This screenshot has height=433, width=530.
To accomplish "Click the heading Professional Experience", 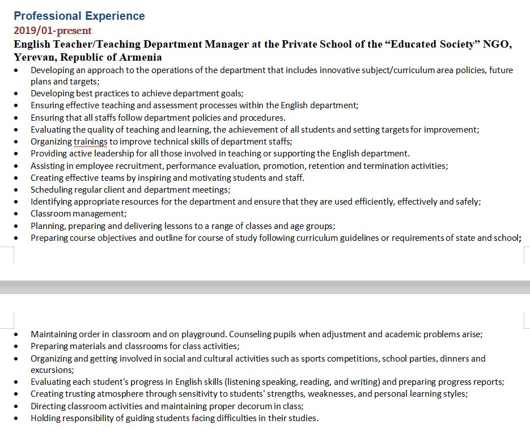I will click(79, 16).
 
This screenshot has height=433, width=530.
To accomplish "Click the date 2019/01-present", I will click(53, 31).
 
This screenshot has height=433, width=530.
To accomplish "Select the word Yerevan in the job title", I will click(33, 57).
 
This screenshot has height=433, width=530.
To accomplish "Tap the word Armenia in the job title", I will click(139, 57).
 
